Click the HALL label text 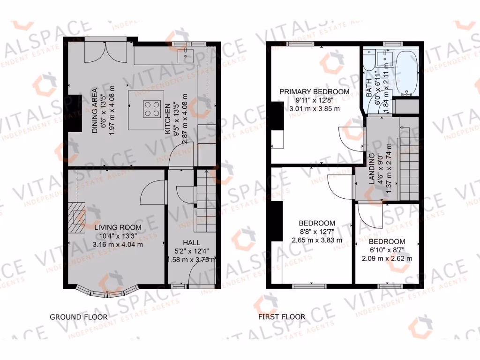tap(192, 243)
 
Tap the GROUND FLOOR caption tap(78, 317)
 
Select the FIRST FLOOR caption tap(281, 317)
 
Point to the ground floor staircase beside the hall tap(204, 202)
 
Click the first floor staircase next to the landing tap(408, 159)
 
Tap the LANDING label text tap(372, 169)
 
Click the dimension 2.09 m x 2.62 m tap(387, 258)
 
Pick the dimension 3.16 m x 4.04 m tap(117, 244)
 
